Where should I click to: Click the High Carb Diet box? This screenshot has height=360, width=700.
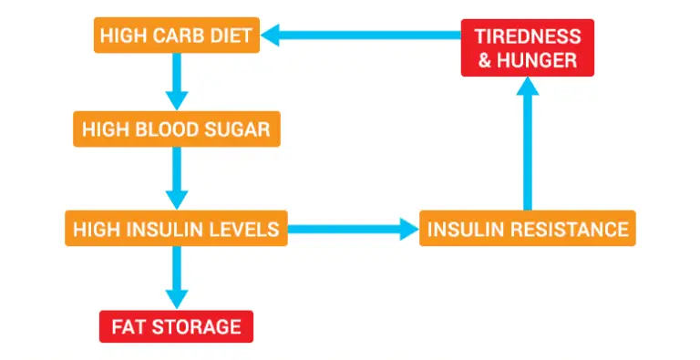[x=177, y=36]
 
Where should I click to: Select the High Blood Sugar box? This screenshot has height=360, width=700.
[x=176, y=129]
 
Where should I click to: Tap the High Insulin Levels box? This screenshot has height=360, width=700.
[x=176, y=228]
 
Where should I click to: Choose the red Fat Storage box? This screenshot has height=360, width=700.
[x=176, y=325]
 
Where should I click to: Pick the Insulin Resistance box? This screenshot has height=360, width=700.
[x=527, y=228]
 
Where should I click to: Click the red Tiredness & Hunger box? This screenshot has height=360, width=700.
[x=526, y=48]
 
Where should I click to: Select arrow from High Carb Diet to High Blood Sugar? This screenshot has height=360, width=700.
[x=177, y=83]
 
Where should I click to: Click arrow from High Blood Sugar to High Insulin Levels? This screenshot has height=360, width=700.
[x=177, y=178]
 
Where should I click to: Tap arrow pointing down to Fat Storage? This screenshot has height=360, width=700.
[x=177, y=277]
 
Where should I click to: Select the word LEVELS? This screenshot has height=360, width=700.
[x=243, y=228]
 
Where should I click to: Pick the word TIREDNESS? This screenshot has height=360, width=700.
[x=527, y=37]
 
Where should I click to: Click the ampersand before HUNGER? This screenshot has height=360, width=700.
[x=484, y=60]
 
